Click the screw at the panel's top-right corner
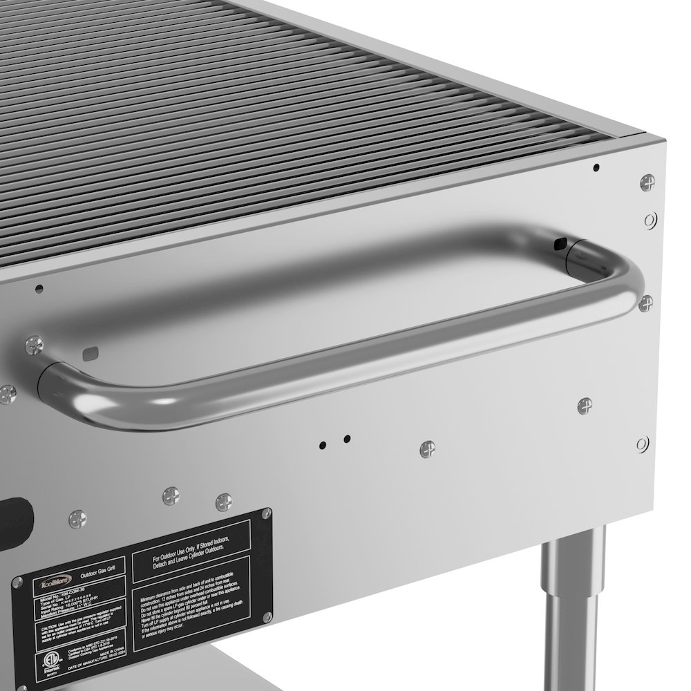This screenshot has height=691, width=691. (x=647, y=182)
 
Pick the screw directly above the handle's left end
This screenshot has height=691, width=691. (x=33, y=342)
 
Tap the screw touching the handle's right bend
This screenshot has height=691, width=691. (x=647, y=303)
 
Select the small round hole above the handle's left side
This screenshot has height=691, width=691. (x=39, y=287)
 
